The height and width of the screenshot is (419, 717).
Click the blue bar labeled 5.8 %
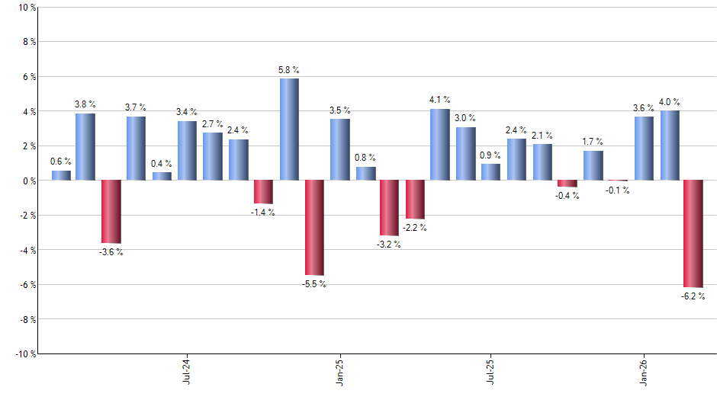pyautogui.click(x=289, y=130)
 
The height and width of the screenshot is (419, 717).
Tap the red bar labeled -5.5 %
pyautogui.click(x=314, y=227)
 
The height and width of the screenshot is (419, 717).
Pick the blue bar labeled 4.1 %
pyautogui.click(x=440, y=145)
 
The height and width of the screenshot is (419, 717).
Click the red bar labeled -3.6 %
pyautogui.click(x=111, y=211)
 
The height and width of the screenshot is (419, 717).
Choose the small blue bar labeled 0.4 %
pyautogui.click(x=162, y=176)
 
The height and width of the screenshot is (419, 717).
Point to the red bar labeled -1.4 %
pyautogui.click(x=263, y=192)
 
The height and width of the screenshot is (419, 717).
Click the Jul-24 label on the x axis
pyautogui.click(x=187, y=372)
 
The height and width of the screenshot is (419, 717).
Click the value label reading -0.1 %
pyautogui.click(x=618, y=190)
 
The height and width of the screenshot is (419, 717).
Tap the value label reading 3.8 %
pyautogui.click(x=85, y=104)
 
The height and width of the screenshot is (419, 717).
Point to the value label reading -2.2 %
pyautogui.click(x=415, y=228)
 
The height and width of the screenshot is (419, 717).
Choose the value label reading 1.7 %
pyautogui.click(x=593, y=142)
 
